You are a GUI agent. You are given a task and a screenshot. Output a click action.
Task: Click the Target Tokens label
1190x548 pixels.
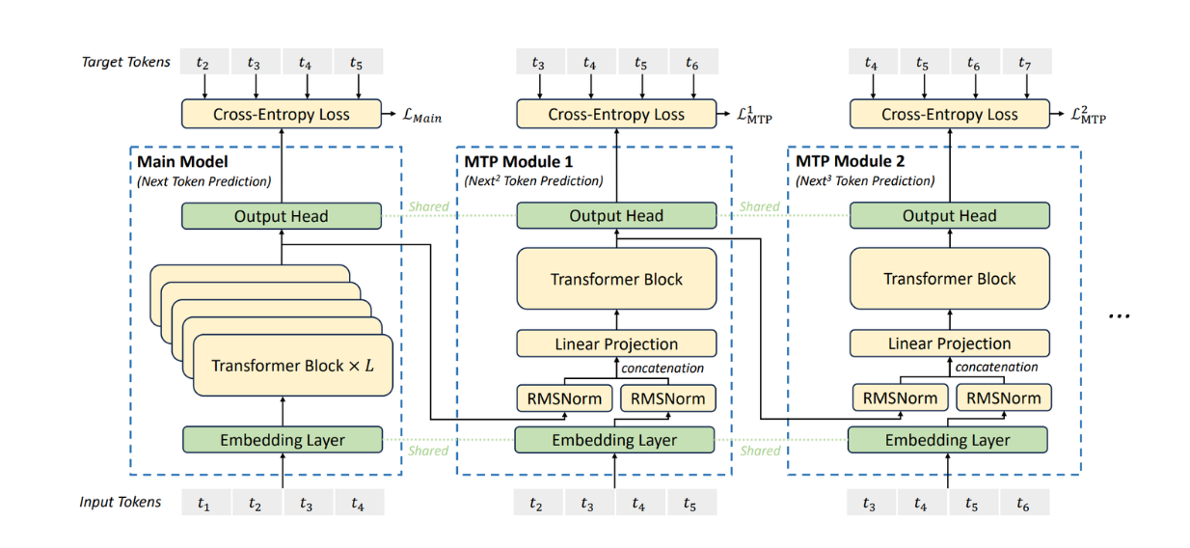point(126,62)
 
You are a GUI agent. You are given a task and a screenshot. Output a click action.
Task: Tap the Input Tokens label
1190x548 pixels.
point(121,502)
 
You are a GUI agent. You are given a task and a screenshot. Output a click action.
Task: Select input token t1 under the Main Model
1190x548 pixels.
point(203,503)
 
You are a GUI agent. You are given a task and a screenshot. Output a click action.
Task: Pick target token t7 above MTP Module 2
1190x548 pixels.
point(1024,63)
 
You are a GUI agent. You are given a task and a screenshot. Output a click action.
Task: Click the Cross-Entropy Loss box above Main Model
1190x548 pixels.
point(281,114)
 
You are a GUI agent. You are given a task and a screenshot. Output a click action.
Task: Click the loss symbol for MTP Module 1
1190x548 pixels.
point(754,116)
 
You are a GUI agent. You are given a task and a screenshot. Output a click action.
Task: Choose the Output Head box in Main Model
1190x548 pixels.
point(281,216)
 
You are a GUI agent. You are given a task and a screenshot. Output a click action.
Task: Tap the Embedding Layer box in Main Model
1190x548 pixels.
point(283,440)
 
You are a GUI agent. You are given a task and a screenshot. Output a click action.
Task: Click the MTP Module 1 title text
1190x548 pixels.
point(519,162)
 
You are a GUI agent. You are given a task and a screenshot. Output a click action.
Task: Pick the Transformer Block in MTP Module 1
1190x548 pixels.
point(616,280)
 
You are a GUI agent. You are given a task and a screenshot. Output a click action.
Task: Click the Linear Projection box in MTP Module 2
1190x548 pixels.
point(949,343)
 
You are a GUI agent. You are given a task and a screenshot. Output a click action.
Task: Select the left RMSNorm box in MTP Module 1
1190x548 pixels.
point(564,397)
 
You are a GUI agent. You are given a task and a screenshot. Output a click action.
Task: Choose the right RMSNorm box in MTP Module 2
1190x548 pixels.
point(1004,397)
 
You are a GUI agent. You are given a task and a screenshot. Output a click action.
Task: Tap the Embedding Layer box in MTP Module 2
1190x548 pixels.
point(948,440)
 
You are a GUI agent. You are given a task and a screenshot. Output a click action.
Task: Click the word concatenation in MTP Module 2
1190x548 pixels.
point(996,367)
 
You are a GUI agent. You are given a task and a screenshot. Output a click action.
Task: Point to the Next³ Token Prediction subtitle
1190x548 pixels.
point(864,180)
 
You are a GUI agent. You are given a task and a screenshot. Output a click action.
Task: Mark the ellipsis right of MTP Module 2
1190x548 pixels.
point(1118,315)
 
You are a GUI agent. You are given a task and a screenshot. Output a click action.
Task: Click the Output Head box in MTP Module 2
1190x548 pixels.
point(949,216)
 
